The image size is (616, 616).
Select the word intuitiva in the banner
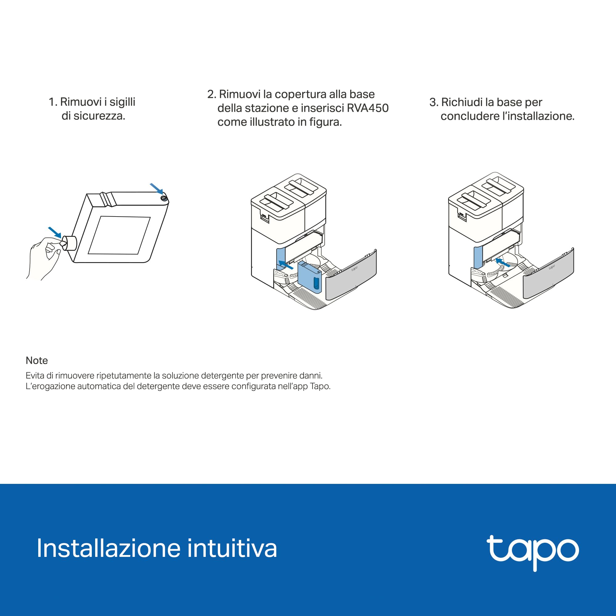232,549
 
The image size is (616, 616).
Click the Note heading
37,360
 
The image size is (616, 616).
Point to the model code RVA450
368,108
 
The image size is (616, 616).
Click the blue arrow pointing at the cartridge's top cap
156,188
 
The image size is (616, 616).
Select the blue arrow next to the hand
55,232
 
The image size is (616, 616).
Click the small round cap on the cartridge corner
164,198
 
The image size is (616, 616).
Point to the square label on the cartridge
119,235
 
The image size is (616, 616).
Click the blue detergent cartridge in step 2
309,277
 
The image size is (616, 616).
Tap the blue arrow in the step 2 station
286,265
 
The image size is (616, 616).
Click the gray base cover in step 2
351,274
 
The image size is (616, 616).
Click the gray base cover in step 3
549,273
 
